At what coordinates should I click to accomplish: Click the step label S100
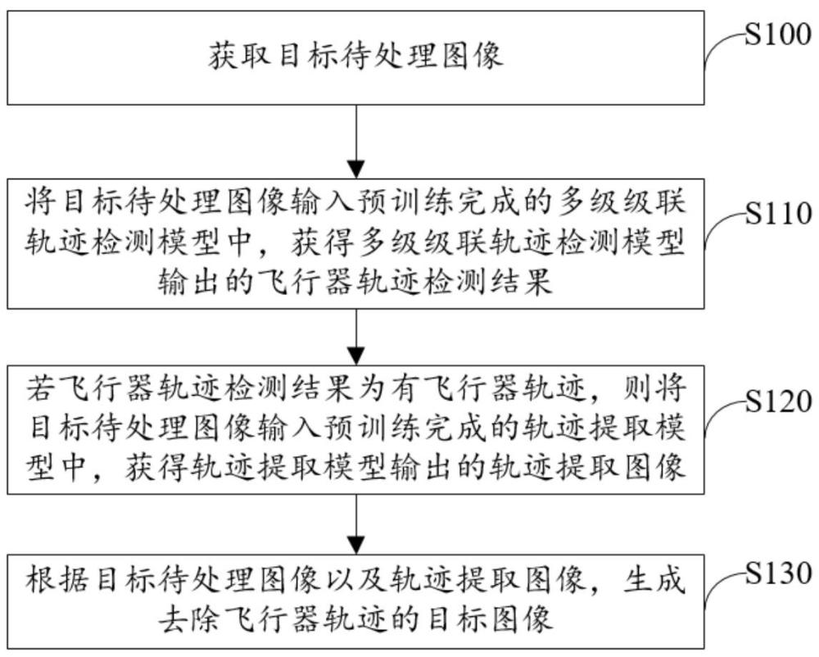[778, 35]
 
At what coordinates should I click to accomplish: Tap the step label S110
[778, 214]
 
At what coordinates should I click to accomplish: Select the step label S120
[778, 401]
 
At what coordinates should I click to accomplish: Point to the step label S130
[778, 573]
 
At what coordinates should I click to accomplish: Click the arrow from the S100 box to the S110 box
[356, 142]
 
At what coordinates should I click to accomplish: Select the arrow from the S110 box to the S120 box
[356, 337]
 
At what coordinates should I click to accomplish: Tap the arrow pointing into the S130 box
[356, 524]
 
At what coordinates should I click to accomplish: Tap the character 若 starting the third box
[40, 387]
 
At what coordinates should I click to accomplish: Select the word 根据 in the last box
[57, 578]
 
